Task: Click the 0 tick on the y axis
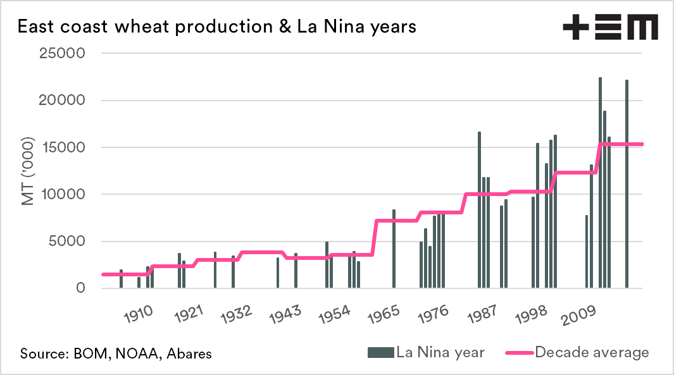(80, 288)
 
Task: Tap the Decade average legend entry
(578, 352)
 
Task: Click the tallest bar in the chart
(600, 183)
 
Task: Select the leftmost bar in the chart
(121, 279)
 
